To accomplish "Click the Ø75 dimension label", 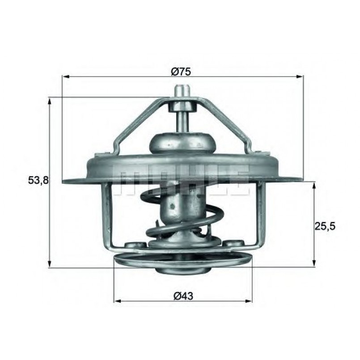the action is [181, 72].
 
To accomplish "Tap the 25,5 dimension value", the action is [325, 226].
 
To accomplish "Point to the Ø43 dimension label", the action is [183, 296].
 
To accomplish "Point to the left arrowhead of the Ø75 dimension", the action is [66, 76].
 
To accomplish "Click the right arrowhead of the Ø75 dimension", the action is [300, 76].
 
